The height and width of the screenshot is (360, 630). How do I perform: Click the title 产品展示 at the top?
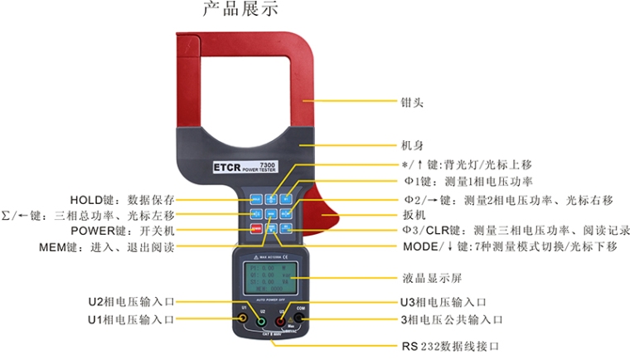(240, 10)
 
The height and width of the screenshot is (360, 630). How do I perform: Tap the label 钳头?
(412, 103)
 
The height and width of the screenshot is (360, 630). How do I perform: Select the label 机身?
(412, 144)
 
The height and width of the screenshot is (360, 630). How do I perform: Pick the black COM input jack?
(299, 319)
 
